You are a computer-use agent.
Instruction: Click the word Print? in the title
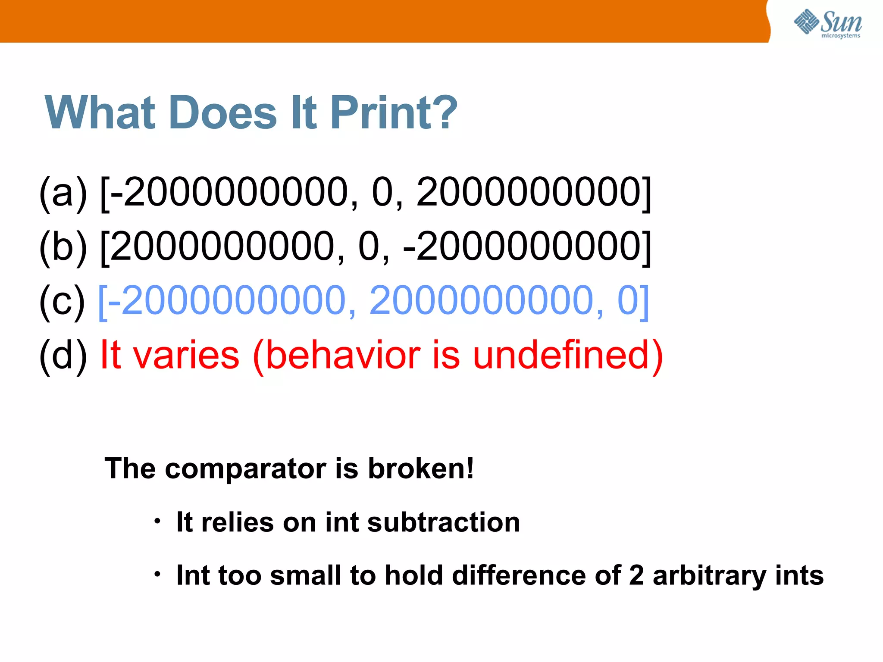tap(393, 113)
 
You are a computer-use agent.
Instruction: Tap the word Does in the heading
tap(223, 113)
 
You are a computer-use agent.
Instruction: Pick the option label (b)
tap(63, 247)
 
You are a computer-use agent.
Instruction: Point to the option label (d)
tap(63, 355)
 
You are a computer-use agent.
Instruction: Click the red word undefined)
tap(568, 355)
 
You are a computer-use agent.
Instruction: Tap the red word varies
tap(186, 356)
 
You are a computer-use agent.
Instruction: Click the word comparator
tap(246, 469)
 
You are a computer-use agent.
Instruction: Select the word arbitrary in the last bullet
tap(709, 576)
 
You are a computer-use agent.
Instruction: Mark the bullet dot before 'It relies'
tap(158, 521)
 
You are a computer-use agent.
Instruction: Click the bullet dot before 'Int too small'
tap(158, 575)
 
